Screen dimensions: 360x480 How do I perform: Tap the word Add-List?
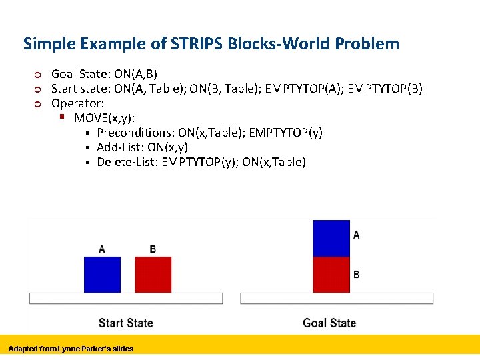(121, 147)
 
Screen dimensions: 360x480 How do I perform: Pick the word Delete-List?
(127, 162)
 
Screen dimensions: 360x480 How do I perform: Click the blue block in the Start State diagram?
(102, 275)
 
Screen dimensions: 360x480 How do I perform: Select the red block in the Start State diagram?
(153, 275)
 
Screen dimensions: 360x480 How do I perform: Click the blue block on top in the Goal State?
(331, 238)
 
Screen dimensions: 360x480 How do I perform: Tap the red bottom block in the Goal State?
(331, 275)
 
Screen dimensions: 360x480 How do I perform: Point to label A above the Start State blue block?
(102, 249)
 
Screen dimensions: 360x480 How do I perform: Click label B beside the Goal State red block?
(357, 275)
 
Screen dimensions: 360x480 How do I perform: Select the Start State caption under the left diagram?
(125, 323)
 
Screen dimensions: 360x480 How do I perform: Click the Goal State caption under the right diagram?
(329, 323)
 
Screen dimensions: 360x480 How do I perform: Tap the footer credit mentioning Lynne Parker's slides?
(71, 349)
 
